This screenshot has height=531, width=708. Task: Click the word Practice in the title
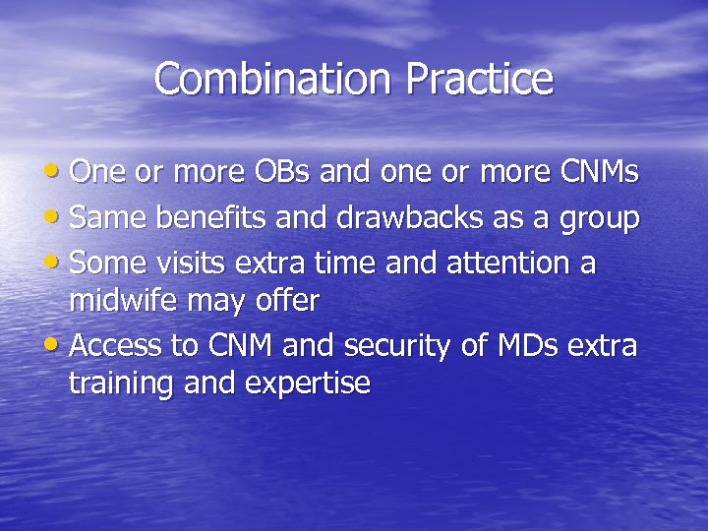click(482, 80)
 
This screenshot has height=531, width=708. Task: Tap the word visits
click(202, 264)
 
